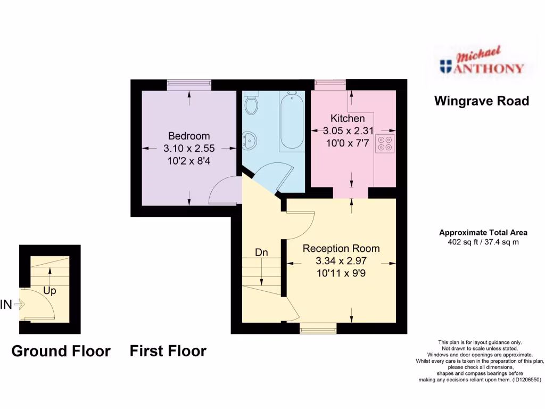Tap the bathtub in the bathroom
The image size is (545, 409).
292,121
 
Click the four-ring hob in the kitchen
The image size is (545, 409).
385,143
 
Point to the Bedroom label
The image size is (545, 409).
189,136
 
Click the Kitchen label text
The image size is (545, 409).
348,118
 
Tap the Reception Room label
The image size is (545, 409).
341,248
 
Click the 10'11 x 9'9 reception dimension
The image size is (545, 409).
341,273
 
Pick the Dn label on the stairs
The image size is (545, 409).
261,252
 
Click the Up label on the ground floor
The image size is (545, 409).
49,291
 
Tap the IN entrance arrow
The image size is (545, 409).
20,305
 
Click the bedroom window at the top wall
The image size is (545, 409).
189,83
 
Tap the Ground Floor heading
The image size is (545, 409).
61,351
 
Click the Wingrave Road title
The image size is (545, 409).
482,101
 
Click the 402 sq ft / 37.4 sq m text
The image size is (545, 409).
483,242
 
